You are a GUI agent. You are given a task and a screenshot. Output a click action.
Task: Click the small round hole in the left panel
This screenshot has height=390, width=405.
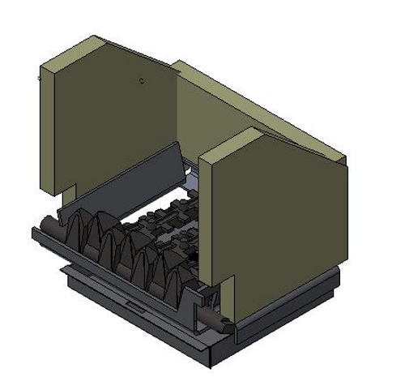[142, 81]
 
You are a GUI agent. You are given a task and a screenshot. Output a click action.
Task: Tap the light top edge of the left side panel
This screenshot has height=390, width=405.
[73, 50]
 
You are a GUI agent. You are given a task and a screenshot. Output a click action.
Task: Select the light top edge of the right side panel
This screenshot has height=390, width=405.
[235, 144]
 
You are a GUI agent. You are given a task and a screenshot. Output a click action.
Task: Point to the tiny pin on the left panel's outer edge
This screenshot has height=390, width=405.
[39, 79]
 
